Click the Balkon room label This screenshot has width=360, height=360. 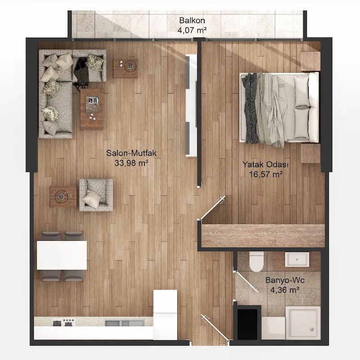tap(192, 20)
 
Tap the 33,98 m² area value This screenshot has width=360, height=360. tap(131, 163)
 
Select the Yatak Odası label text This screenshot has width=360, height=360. tap(265, 164)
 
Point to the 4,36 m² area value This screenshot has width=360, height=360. tap(285, 290)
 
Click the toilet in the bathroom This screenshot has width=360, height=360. tap(256, 261)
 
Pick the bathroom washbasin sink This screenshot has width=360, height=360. tap(297, 260)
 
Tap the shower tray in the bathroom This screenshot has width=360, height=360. tap(303, 323)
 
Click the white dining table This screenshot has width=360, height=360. tap(62, 255)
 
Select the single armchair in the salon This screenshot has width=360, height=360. tap(96, 195)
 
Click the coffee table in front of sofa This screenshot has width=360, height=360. tap(92, 109)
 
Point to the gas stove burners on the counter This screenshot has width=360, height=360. tap(63, 322)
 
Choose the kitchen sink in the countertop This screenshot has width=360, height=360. tap(125, 323)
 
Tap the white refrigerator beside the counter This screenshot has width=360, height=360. tap(165, 315)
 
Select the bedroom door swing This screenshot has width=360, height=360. tap(212, 208)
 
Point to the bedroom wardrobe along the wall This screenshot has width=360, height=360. tap(263, 236)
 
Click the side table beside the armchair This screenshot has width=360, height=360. tap(63, 197)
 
